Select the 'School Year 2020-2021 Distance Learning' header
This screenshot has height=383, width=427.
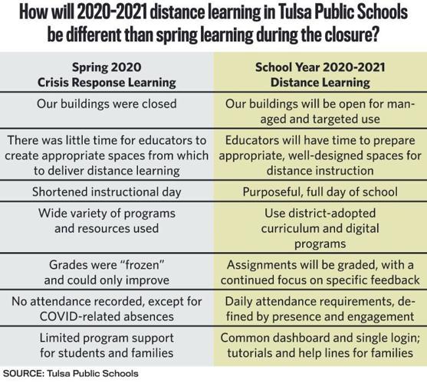[320, 74]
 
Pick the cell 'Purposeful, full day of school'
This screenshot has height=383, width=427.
[320, 191]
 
